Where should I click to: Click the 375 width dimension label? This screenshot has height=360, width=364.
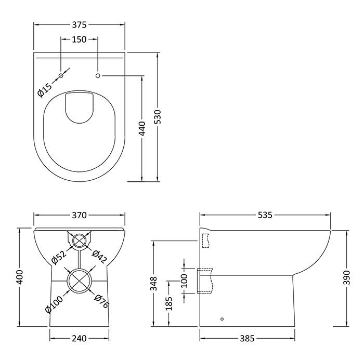point(79,24)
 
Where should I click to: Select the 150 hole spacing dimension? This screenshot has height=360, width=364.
point(79,40)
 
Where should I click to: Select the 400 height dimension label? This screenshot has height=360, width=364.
point(19,278)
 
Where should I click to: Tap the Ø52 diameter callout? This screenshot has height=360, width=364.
point(58,257)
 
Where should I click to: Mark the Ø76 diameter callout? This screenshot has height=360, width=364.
point(102,301)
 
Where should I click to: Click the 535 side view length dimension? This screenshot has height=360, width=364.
point(266,215)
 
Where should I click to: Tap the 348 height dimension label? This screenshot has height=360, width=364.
point(153,284)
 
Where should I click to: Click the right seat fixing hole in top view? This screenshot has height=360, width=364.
point(98,76)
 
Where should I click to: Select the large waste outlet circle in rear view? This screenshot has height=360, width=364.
point(79,281)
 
